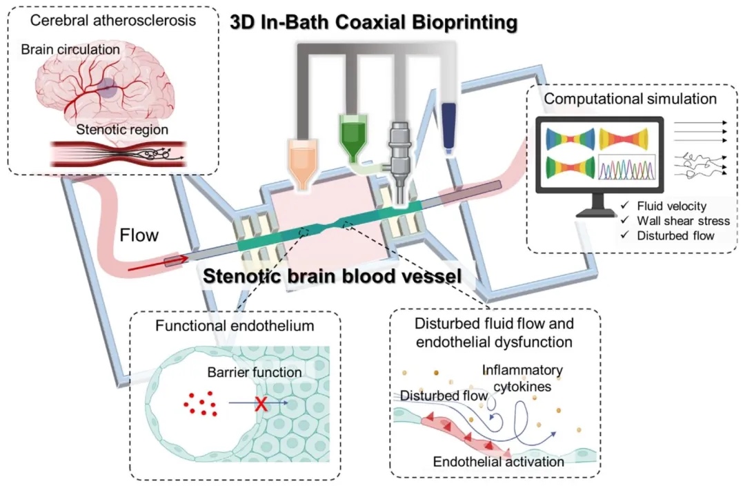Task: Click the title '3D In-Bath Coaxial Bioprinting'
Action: (375, 23)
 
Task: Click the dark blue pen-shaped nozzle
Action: (450, 128)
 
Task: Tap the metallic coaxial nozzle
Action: (400, 155)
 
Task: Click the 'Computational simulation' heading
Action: (630, 99)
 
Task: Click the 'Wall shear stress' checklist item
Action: (674, 221)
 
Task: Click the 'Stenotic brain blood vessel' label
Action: (332, 277)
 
